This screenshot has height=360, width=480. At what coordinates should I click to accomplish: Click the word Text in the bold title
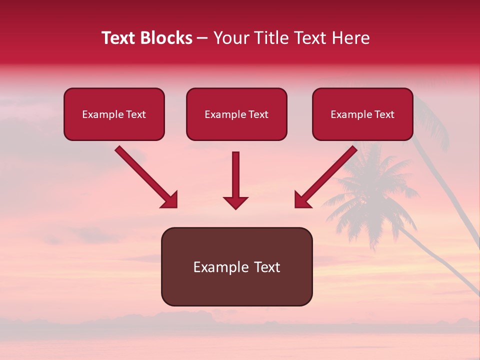tap(118, 38)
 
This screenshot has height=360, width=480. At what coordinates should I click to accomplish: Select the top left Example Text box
tap(114, 114)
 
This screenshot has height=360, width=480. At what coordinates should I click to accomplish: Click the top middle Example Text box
tap(236, 114)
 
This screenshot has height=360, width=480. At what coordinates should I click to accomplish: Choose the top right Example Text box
tap(362, 114)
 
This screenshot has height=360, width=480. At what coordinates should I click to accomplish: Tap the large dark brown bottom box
tap(236, 266)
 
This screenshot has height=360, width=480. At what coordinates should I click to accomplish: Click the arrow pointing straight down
tap(235, 177)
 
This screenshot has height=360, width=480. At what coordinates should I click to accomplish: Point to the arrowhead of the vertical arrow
tap(235, 202)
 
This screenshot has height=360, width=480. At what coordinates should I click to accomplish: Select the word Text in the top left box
tap(136, 114)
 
